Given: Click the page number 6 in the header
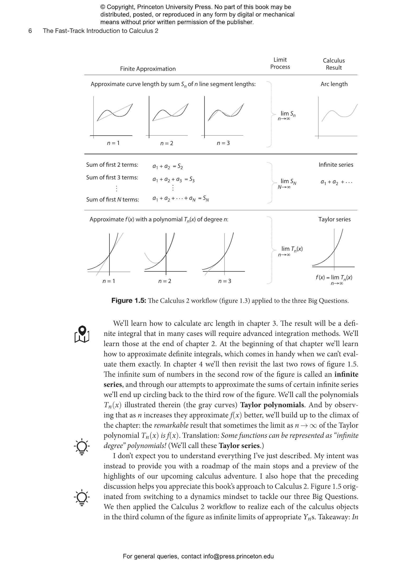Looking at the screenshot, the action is click(x=30, y=31).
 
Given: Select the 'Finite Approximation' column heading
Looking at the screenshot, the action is click(x=148, y=69).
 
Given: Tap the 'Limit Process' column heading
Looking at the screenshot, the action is click(x=280, y=63).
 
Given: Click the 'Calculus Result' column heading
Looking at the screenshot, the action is click(x=334, y=64).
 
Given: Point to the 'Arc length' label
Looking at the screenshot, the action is click(x=334, y=84).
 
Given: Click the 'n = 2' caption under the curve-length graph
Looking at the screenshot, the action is click(x=167, y=143).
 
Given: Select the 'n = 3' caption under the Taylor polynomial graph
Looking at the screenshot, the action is click(x=224, y=281).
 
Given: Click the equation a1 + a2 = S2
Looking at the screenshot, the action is click(x=168, y=166).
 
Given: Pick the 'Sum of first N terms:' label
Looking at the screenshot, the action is click(x=112, y=199).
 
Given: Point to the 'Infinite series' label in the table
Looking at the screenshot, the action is click(x=336, y=165).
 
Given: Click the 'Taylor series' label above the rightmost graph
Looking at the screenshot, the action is click(x=334, y=219).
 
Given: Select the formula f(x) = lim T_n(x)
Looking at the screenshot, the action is click(x=334, y=278).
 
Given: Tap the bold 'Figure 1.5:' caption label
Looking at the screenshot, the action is click(x=129, y=301).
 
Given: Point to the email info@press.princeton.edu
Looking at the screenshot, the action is click(x=238, y=556).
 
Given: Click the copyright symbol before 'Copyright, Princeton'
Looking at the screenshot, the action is click(x=103, y=7).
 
